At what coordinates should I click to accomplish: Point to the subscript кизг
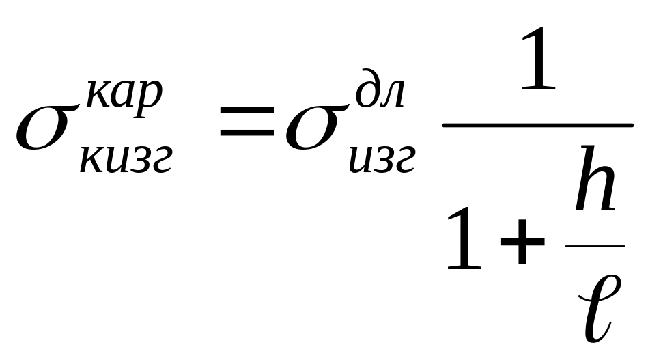(x=125, y=160)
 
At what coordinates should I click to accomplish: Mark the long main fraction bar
(x=537, y=124)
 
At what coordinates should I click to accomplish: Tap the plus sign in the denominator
(x=522, y=240)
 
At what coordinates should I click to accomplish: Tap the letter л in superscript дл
(x=394, y=94)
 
